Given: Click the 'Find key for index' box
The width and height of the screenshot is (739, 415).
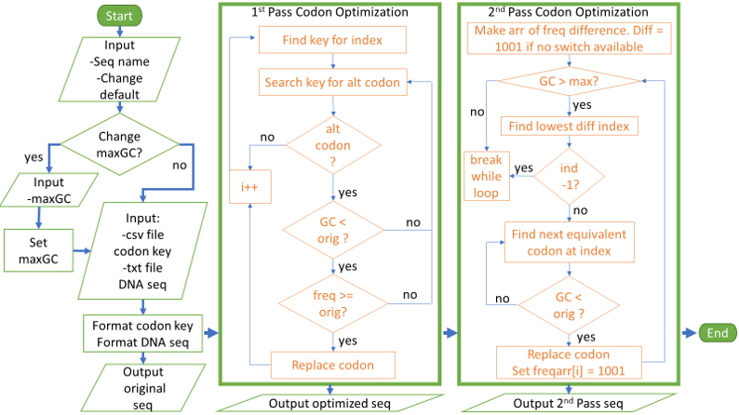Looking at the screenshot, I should click(332, 40).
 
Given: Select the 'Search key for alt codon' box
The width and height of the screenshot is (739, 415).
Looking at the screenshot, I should click(332, 82).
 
